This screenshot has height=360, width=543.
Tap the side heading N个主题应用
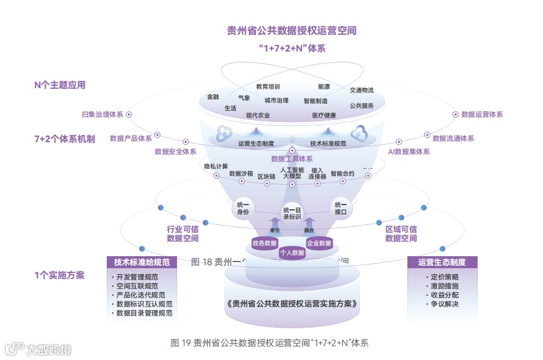pyautogui.click(x=60, y=85)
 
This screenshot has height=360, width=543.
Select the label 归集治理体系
pyautogui.click(x=102, y=114)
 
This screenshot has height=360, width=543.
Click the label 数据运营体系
pyautogui.click(x=482, y=114)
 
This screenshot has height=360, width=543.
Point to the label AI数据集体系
pyautogui.click(x=409, y=152)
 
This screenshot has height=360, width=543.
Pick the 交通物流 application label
pyautogui.click(x=362, y=90)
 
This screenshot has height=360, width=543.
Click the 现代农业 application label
pyautogui.click(x=258, y=115)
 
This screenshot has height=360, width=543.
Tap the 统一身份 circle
pyautogui.click(x=242, y=208)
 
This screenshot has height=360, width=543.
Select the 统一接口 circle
pyautogui.click(x=341, y=208)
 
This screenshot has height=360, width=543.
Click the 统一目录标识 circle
pyautogui.click(x=292, y=214)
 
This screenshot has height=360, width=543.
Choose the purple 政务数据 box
pyautogui.click(x=265, y=243)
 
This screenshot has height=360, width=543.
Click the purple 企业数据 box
pyautogui.click(x=319, y=243)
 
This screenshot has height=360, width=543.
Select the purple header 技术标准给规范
pyautogui.click(x=142, y=262)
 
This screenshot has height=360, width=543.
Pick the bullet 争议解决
pyautogui.click(x=445, y=304)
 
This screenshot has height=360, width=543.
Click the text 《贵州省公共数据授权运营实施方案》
pyautogui.click(x=292, y=304)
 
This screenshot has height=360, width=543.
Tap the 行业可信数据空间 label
pyautogui.click(x=182, y=234)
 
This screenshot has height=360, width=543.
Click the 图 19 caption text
pyautogui.click(x=269, y=343)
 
